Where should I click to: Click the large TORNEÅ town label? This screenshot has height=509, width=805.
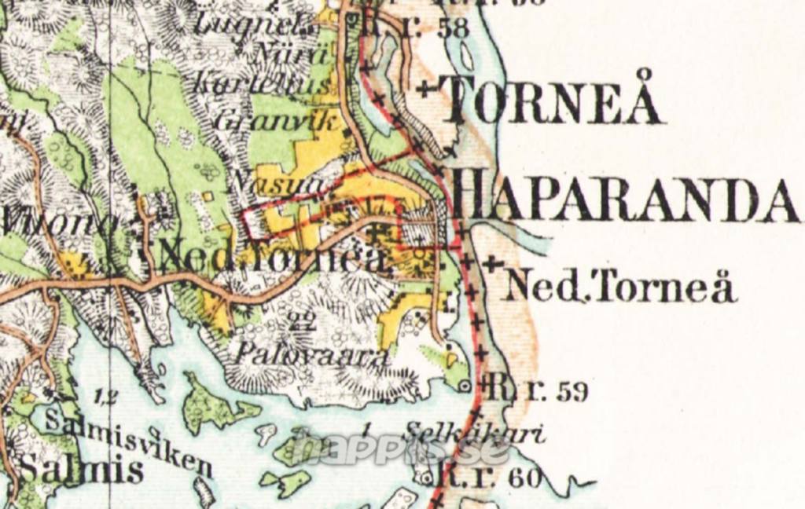tap(552, 101)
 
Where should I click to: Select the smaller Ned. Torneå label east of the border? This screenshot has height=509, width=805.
tap(620, 287)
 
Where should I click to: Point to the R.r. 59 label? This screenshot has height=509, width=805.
tap(538, 389)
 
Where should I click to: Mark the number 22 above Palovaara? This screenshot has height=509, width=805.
tap(299, 318)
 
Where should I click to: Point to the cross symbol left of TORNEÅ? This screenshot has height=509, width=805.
tap(425, 89)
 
